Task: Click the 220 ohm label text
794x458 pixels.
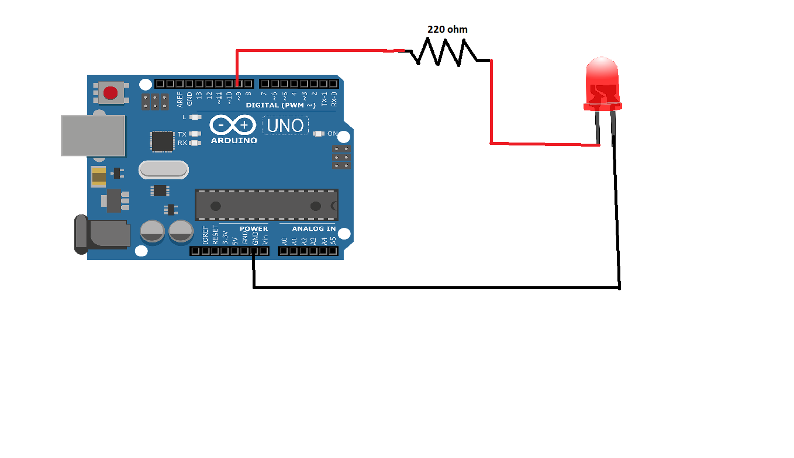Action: click(x=447, y=29)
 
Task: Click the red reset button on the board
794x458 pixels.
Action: click(x=110, y=92)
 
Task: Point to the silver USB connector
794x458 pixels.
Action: click(x=93, y=136)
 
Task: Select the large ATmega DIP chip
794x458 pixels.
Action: click(x=266, y=205)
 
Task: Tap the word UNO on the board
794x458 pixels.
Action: click(x=286, y=125)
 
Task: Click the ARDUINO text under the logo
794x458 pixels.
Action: click(x=233, y=141)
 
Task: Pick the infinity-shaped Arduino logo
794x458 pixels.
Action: click(x=233, y=124)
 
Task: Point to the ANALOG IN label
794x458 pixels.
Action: click(x=314, y=228)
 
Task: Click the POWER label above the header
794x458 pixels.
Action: click(x=254, y=228)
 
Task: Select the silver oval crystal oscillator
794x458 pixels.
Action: click(x=164, y=170)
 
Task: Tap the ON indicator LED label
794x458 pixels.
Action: click(x=332, y=134)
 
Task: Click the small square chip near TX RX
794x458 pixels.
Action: click(x=162, y=141)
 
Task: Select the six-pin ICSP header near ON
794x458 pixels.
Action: click(x=341, y=158)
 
